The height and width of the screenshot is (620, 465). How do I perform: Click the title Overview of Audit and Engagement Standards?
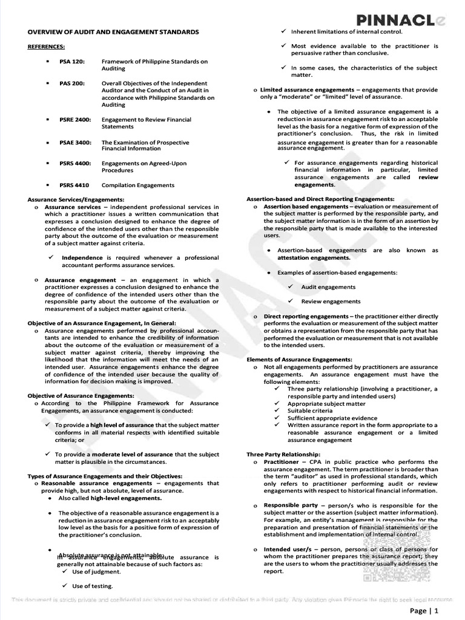coord(113,31)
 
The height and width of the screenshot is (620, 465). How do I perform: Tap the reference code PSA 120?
coord(72,62)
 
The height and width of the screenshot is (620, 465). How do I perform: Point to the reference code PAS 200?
coord(72,83)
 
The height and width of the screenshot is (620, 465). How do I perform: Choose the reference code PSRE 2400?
coord(75,120)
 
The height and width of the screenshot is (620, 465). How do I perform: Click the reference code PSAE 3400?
coord(75,142)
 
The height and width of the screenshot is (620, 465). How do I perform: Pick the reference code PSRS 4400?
coord(75,163)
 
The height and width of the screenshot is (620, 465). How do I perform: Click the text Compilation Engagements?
coord(137,185)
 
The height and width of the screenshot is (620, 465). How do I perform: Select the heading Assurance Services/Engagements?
coord(76,199)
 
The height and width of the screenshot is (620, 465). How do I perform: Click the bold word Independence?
coord(82,257)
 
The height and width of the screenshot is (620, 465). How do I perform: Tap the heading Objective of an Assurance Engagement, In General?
coord(102,323)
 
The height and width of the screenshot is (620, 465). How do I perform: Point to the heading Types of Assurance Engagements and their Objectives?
coord(105,476)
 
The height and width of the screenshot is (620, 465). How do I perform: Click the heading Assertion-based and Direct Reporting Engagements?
coord(320,199)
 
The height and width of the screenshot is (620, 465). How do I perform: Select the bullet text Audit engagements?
coord(328,287)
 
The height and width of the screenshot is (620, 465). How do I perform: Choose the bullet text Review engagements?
coord(331,301)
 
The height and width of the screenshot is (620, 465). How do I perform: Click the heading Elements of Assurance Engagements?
coord(299,360)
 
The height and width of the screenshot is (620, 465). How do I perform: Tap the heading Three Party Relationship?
coord(283,454)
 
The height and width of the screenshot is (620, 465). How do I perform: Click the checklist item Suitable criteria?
coord(310,411)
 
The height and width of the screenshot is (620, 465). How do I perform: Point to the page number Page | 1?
coord(424,610)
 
